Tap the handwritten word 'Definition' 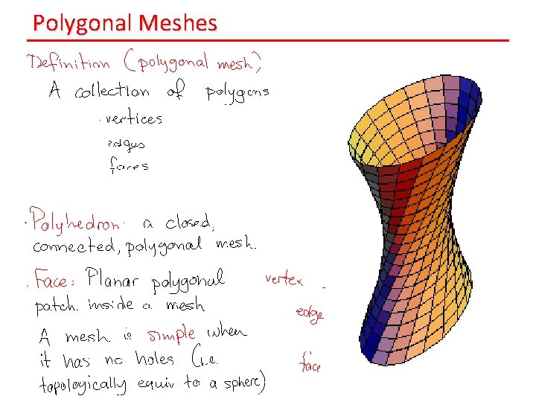coord(68,63)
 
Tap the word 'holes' coord(155,359)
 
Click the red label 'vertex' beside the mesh coord(284,281)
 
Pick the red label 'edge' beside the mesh coord(309,314)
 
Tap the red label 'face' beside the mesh coord(310,364)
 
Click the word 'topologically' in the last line coord(81,385)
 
